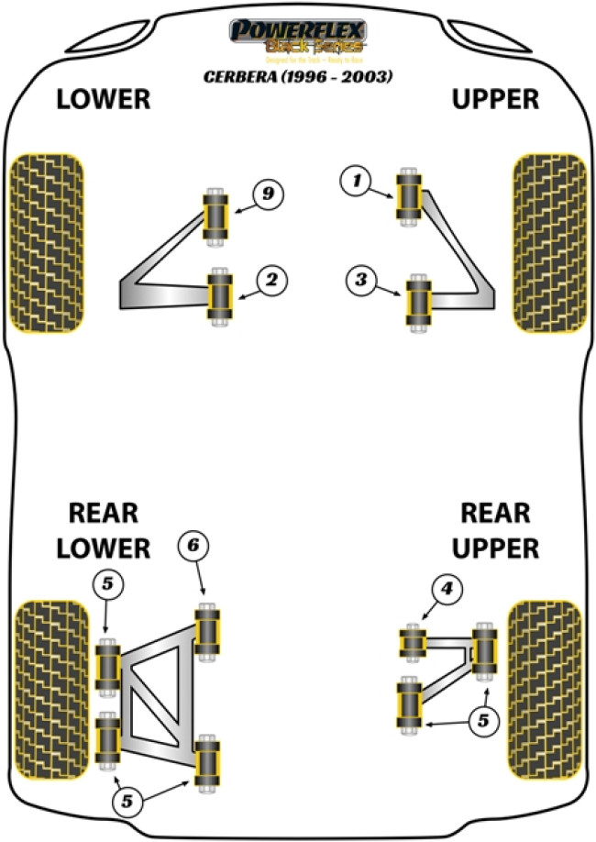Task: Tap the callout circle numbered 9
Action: pyautogui.click(x=267, y=194)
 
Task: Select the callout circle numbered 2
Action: pyautogui.click(x=272, y=281)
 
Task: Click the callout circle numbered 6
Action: pyautogui.click(x=193, y=547)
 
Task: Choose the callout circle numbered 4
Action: pyautogui.click(x=447, y=590)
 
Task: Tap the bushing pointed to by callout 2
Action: pyautogui.click(x=220, y=294)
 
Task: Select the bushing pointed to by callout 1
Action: pyautogui.click(x=408, y=195)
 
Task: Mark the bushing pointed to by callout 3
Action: pyautogui.click(x=419, y=300)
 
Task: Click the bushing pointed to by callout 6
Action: pyautogui.click(x=208, y=628)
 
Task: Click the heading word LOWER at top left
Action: pyautogui.click(x=103, y=100)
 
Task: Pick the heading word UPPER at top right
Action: pyautogui.click(x=496, y=100)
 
